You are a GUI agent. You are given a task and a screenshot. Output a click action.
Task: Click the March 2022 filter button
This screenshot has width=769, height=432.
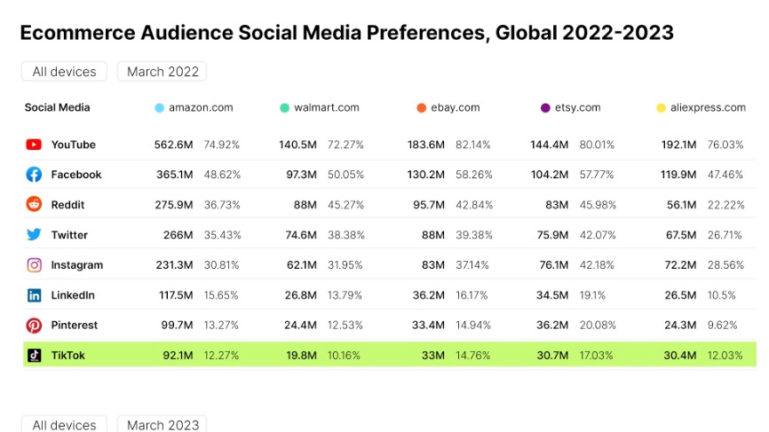pos(163,72)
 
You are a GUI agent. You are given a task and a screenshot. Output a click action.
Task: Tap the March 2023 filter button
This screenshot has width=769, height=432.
pos(163,425)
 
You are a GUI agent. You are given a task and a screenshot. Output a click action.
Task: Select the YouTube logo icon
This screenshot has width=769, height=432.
pos(34,145)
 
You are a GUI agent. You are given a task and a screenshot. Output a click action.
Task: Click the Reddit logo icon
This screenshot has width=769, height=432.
pos(34,205)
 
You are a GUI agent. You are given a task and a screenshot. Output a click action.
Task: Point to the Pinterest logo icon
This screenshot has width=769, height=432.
pos(34,326)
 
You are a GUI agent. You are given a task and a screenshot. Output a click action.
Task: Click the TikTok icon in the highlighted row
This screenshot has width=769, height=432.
pos(34,356)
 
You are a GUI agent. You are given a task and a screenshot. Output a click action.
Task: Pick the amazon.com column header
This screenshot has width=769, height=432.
pos(201,107)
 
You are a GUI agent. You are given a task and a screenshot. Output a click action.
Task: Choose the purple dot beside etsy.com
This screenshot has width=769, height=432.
pos(545,108)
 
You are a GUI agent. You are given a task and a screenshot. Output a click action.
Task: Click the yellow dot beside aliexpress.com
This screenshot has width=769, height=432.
pos(661,108)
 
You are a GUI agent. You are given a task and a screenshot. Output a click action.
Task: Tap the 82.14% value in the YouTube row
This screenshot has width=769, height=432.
pos(473,145)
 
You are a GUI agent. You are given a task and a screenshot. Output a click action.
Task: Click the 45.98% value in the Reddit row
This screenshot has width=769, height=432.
pos(598,205)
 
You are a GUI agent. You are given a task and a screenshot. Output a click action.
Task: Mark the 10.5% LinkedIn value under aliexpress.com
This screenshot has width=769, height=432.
pos(723,295)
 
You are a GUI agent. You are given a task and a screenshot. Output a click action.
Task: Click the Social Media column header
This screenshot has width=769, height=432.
pos(57,107)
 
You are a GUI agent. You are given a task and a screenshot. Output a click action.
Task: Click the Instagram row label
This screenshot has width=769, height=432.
pos(76,265)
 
